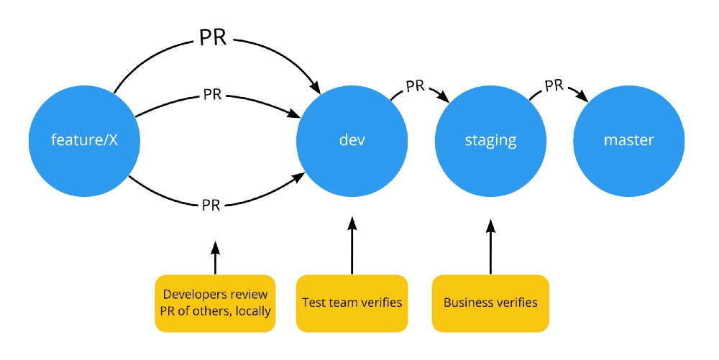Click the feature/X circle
click(83, 140)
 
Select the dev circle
click(352, 140)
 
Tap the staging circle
click(490, 140)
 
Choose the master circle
click(628, 140)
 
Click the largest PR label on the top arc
click(212, 37)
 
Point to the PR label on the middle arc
click(212, 94)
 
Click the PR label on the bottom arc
click(211, 206)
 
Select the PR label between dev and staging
click(415, 86)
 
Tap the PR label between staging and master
click(554, 86)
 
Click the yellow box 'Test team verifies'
click(352, 303)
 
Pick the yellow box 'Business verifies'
click(490, 303)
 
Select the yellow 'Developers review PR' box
click(216, 303)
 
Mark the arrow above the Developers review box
click(215, 257)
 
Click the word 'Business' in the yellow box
click(468, 303)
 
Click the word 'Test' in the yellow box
click(313, 303)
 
